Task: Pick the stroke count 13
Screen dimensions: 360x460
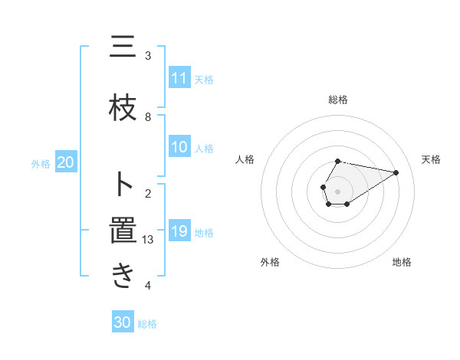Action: (x=149, y=240)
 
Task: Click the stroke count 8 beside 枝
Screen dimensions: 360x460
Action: (x=148, y=117)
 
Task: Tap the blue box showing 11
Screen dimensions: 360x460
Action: (x=179, y=79)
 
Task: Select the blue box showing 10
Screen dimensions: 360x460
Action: (x=179, y=148)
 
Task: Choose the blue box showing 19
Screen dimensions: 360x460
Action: (x=179, y=231)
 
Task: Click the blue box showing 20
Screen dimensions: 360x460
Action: (x=65, y=162)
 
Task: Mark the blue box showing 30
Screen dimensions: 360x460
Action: (x=123, y=323)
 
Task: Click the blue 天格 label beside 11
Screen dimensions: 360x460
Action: (x=204, y=80)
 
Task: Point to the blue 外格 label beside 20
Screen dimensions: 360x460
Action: (x=41, y=163)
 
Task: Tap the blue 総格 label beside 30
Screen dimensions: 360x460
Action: (x=147, y=324)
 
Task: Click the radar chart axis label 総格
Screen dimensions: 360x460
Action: (x=338, y=100)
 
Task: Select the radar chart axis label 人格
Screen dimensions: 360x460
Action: (x=245, y=159)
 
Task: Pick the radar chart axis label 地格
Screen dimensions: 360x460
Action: (x=402, y=262)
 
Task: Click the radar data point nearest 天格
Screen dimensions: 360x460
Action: (x=396, y=172)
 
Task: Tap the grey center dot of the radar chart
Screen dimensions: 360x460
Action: (x=338, y=191)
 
